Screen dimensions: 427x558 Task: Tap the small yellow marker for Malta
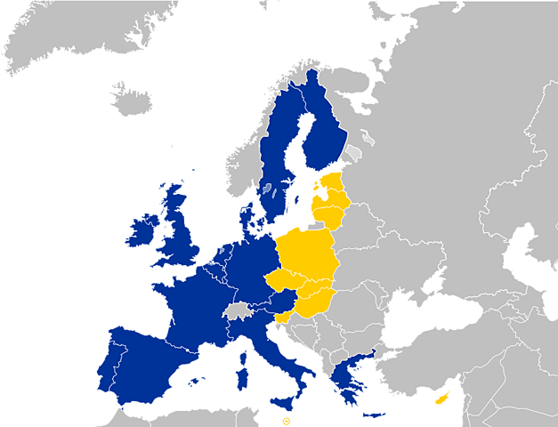coord(286,419)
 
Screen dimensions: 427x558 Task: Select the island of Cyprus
coord(441,398)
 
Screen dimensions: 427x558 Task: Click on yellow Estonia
coord(331,188)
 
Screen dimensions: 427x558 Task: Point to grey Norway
coord(249,151)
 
